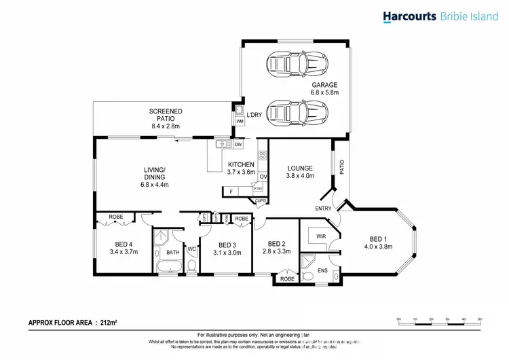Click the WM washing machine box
[x=240, y=121]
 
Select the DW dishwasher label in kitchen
[x=238, y=145]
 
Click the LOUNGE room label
[x=299, y=168]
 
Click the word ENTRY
[x=322, y=208]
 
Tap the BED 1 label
[x=378, y=238]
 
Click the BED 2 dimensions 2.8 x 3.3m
[x=276, y=251]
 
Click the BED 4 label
[x=123, y=245]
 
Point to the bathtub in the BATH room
[x=166, y=267]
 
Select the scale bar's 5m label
[x=479, y=318]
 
